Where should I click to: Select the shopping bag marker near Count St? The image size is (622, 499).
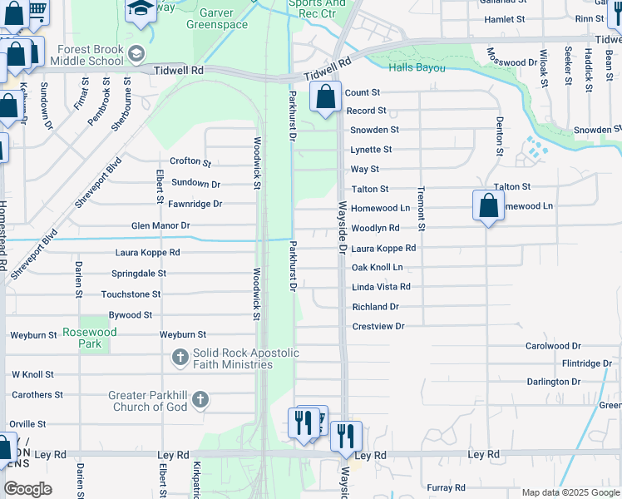pos(325,97)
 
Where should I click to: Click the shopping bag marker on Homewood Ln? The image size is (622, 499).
pos(488,205)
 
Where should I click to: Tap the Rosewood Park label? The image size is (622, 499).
pos(90,338)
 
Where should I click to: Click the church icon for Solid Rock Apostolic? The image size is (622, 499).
pos(180,358)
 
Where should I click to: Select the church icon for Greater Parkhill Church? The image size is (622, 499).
pos(200,401)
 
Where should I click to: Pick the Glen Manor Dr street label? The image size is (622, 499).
pos(160,225)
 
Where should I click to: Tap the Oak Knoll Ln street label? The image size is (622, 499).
pos(377,267)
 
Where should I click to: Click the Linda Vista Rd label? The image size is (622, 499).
pos(381,287)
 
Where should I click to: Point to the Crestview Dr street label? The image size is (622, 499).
pos(378,327)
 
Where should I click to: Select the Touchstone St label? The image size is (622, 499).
pos(131,294)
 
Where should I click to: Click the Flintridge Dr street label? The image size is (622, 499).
pos(586,363)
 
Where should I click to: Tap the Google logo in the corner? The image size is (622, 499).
pos(27,488)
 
